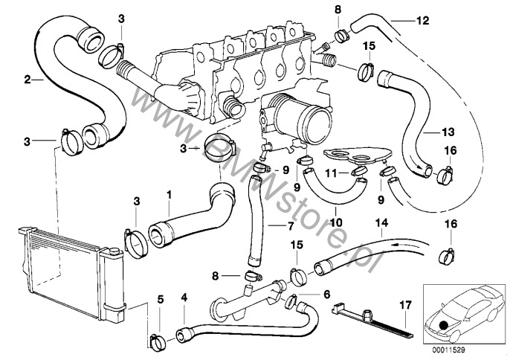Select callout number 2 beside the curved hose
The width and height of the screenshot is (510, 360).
pyautogui.click(x=28, y=78)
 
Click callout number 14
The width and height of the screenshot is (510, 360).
pyautogui.click(x=382, y=221)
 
